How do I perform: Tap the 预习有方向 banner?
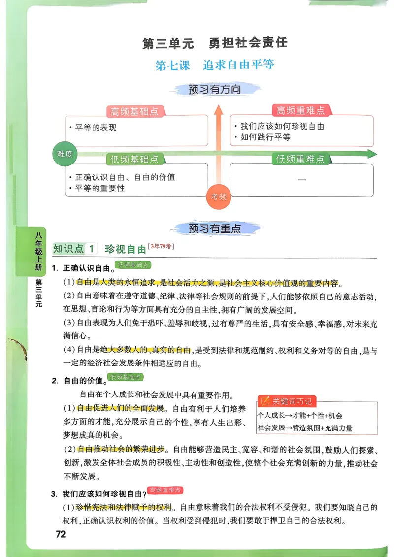[x=215, y=90]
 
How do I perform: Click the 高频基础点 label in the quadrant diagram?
[x=134, y=112]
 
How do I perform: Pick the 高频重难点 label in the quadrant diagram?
[x=300, y=111]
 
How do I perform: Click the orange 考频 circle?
[x=219, y=197]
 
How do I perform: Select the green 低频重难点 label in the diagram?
[x=300, y=159]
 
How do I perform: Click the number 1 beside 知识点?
[x=91, y=249]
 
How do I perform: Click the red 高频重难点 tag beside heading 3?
[x=165, y=490]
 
